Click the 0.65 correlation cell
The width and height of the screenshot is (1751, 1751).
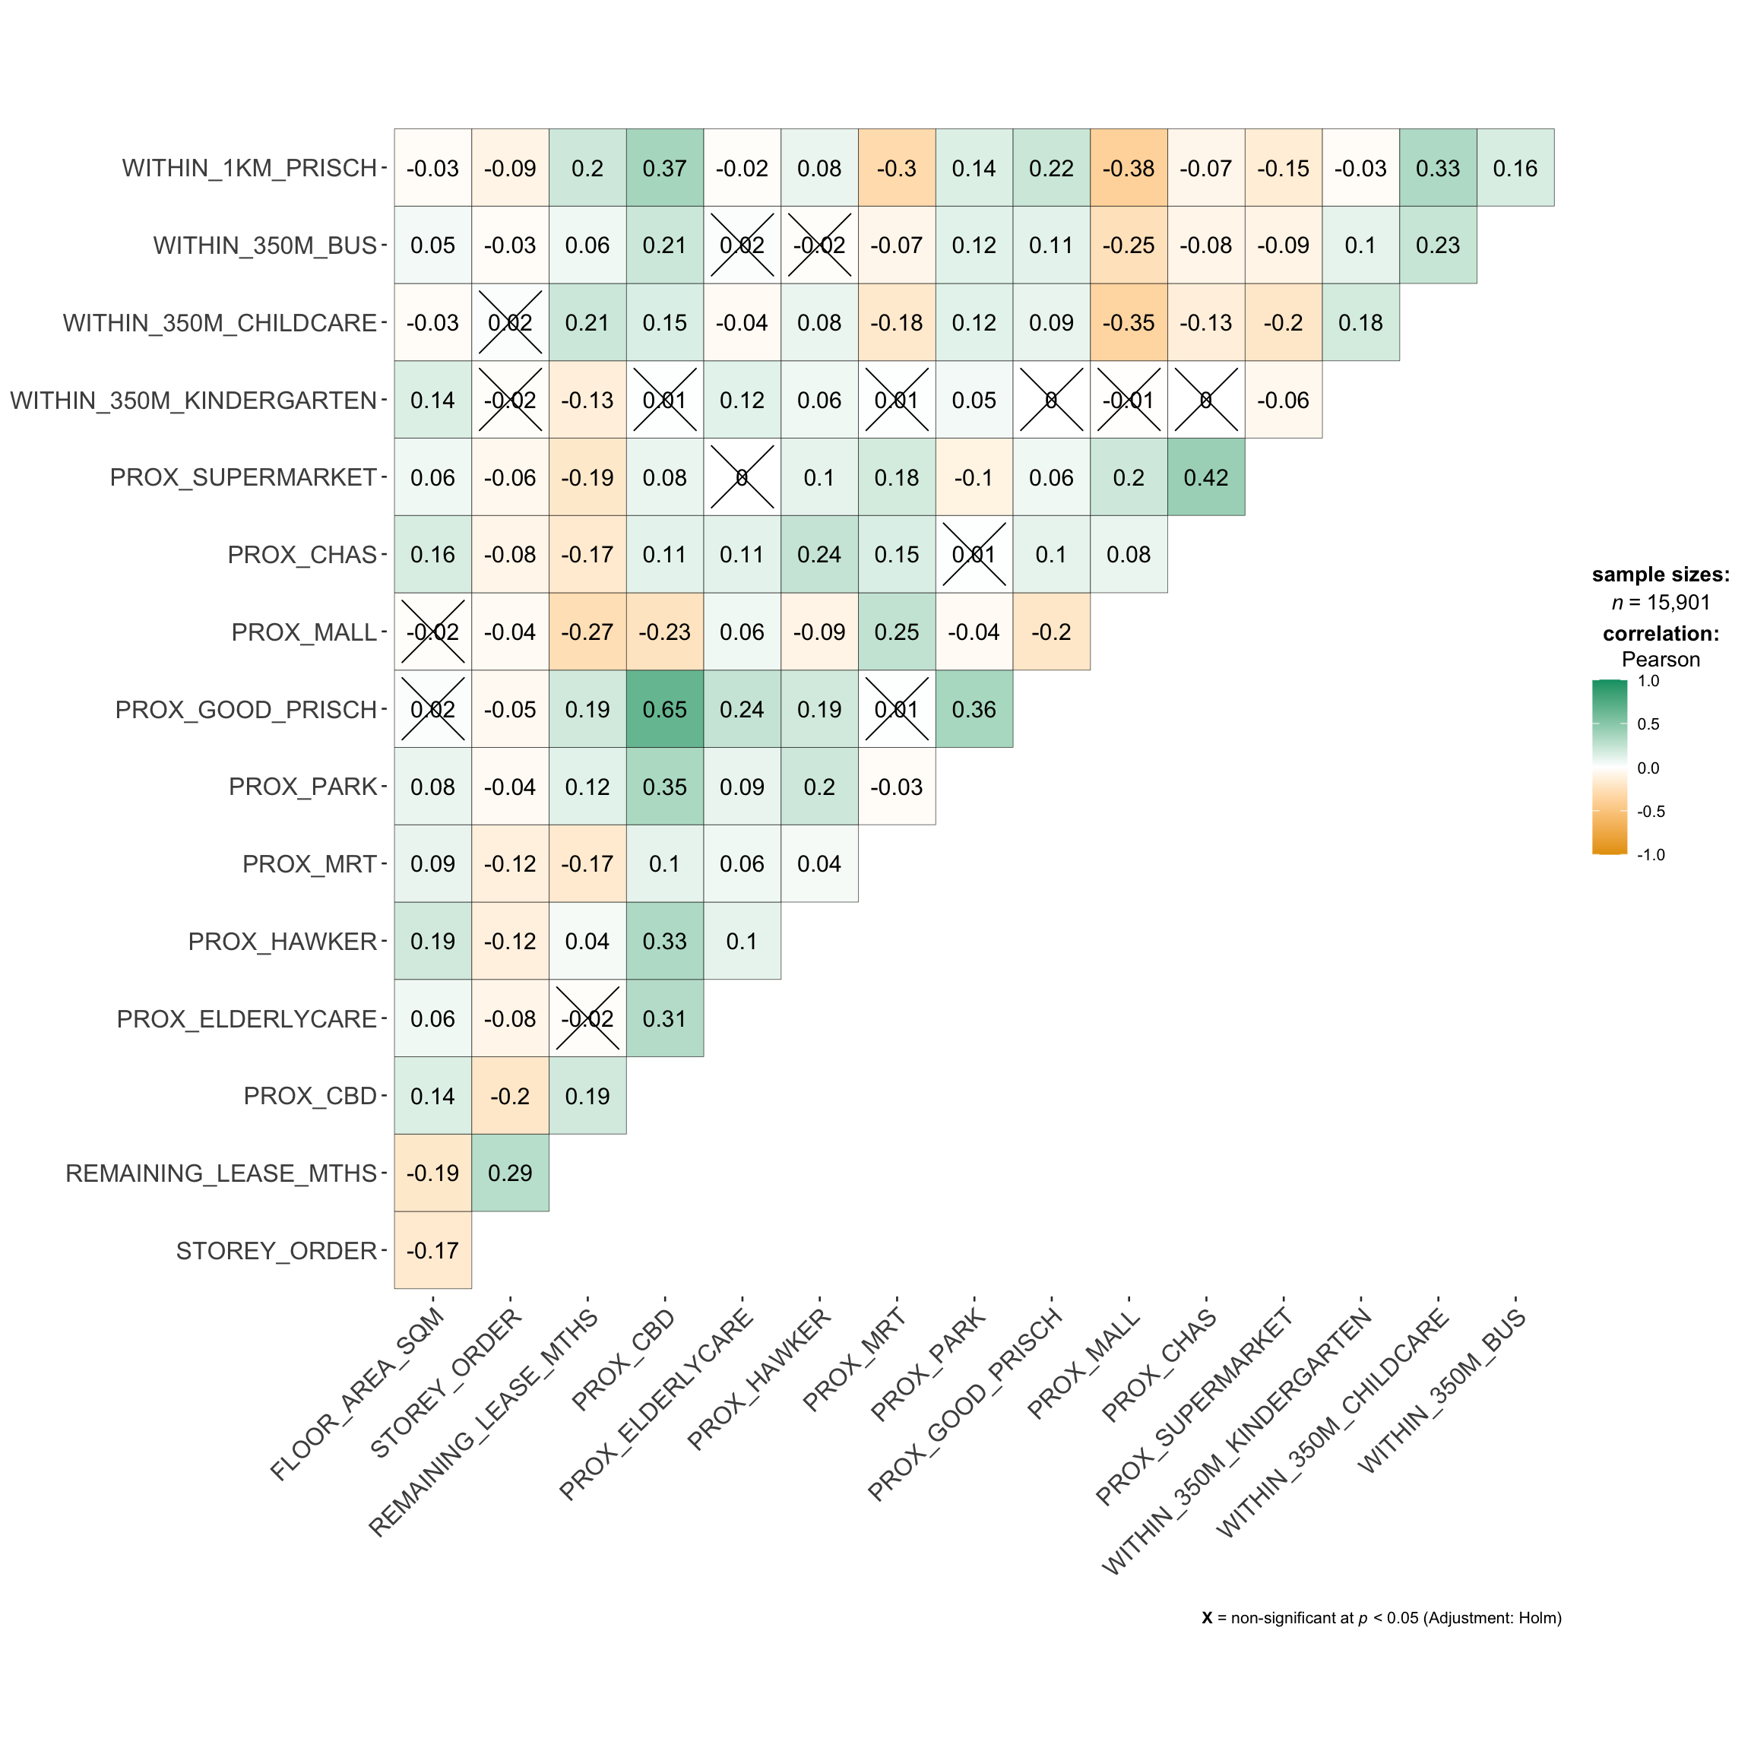(664, 710)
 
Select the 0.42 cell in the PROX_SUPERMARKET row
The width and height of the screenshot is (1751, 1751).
(1205, 477)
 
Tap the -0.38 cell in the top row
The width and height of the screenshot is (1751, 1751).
(1129, 169)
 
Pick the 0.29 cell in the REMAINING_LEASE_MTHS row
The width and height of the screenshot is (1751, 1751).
(510, 1173)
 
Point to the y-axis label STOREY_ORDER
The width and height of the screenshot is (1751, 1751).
(276, 1252)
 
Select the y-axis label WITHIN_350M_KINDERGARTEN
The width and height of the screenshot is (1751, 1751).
(193, 401)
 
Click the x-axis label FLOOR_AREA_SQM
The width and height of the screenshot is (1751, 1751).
(359, 1394)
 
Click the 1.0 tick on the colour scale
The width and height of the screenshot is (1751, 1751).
(1648, 682)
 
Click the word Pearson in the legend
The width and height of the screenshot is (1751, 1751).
(1661, 660)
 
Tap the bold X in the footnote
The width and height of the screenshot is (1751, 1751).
(1207, 1618)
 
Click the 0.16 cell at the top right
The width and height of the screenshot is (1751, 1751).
(1515, 169)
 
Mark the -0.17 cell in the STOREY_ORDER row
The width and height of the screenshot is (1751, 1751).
(433, 1251)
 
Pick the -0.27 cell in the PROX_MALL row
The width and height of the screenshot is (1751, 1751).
(587, 632)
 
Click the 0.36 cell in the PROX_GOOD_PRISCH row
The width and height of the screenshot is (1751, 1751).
(974, 710)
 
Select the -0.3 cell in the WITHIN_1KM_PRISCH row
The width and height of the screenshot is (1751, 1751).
(896, 169)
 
